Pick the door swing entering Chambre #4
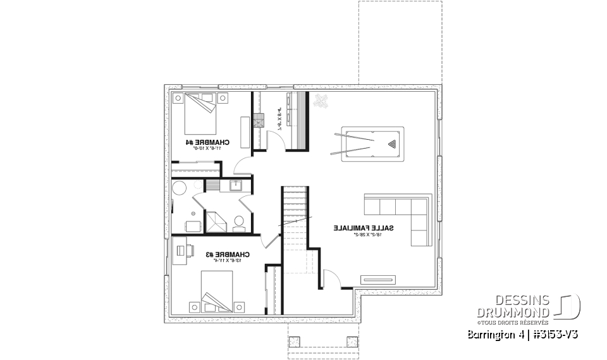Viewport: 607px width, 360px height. point(242,166)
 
